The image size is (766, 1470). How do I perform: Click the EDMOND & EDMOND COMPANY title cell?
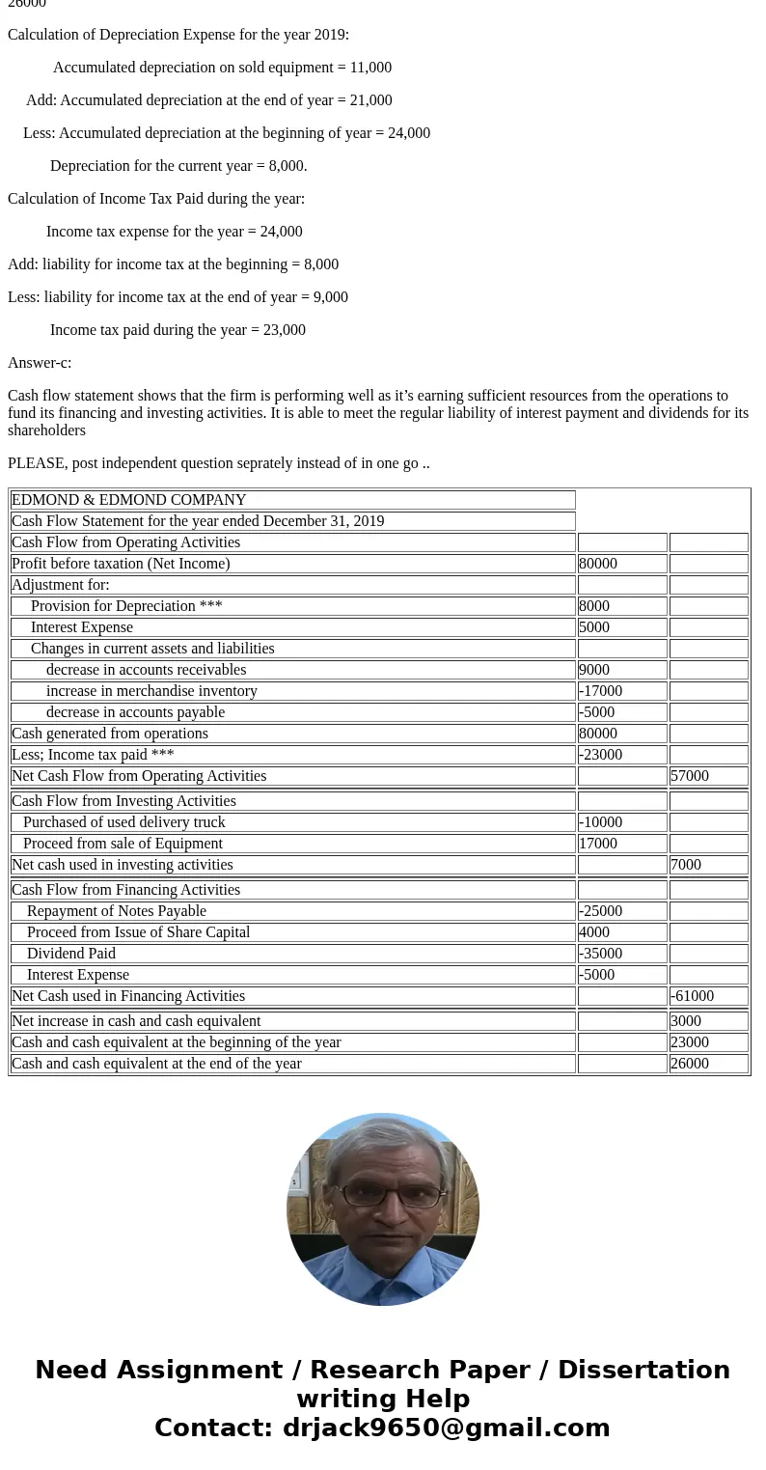(128, 500)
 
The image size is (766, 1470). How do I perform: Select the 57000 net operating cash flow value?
(690, 776)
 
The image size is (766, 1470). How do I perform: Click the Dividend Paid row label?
(71, 954)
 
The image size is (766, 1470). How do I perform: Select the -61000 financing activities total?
(692, 996)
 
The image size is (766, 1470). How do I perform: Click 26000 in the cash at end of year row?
(690, 1064)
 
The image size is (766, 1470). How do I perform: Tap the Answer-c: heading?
(40, 363)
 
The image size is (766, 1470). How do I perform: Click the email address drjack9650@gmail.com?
(446, 1428)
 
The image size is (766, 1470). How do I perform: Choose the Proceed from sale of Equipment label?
(123, 844)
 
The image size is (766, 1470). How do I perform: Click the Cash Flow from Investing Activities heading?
(123, 801)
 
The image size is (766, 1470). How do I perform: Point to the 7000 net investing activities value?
(686, 865)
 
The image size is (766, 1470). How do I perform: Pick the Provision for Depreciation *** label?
(126, 606)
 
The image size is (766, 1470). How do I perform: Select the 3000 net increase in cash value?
(686, 1021)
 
